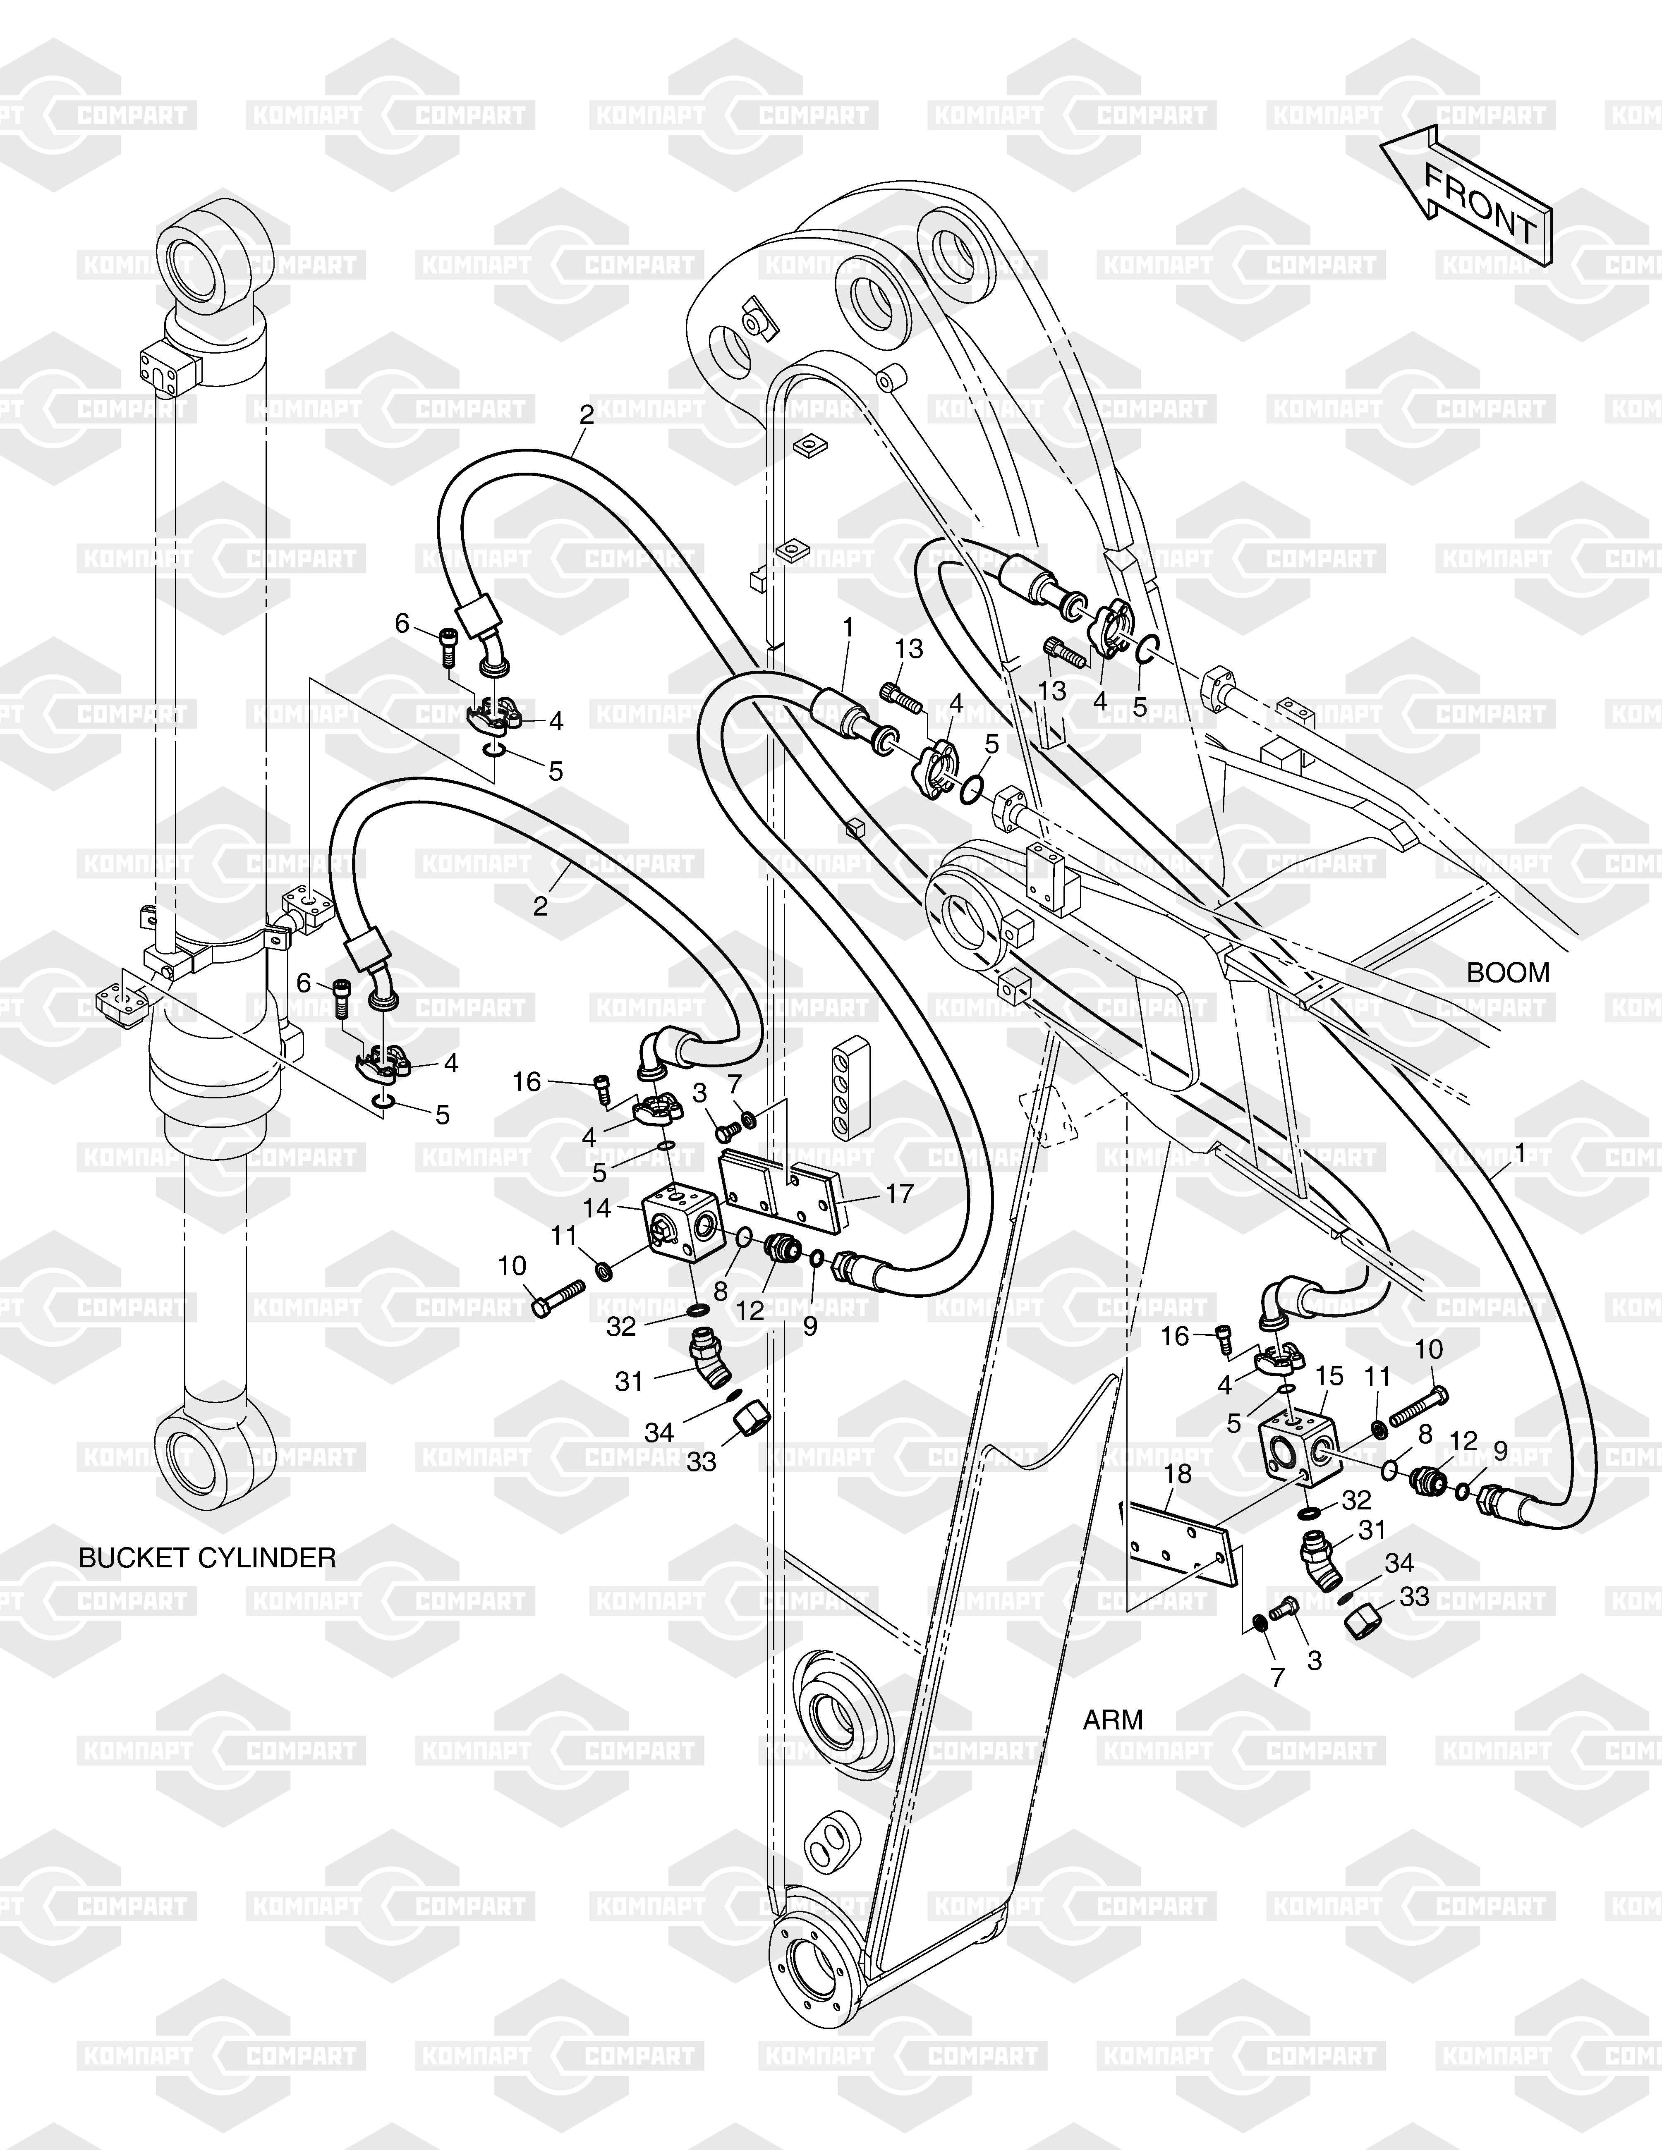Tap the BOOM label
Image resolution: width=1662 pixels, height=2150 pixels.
[1507, 973]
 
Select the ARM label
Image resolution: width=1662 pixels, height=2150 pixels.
[1113, 1720]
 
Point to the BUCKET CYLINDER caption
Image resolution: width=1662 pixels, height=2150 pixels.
[207, 1557]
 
